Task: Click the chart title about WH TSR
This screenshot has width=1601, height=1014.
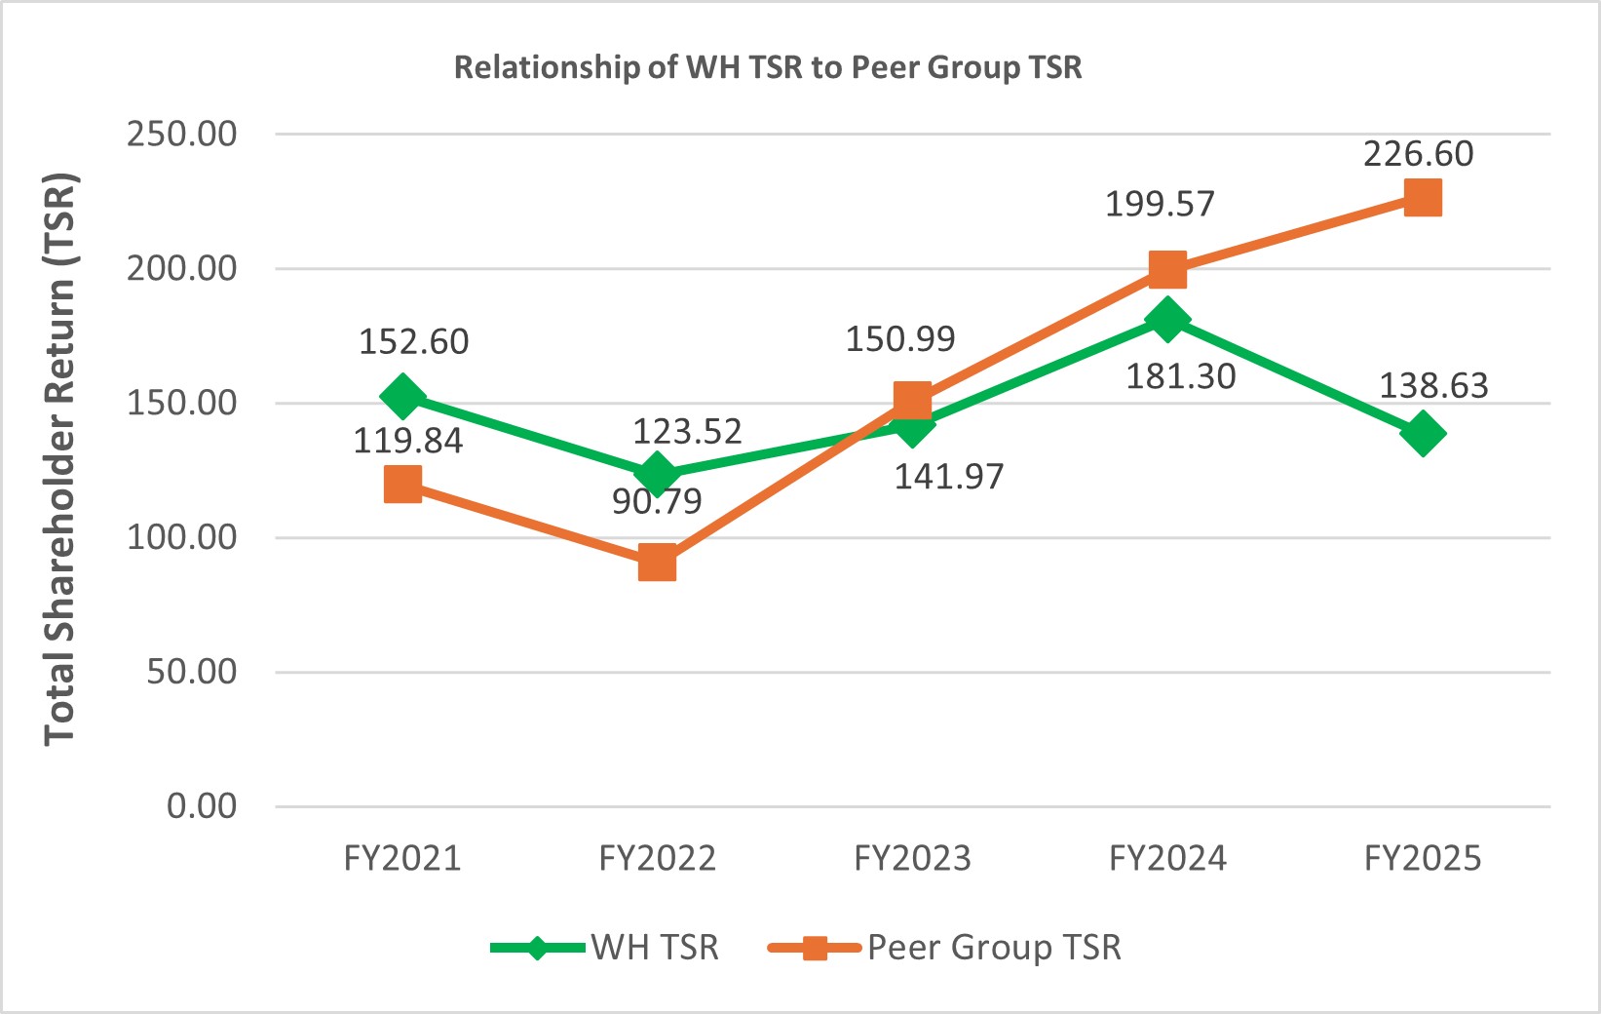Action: tap(768, 67)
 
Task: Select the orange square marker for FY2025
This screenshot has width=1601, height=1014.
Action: tap(1423, 199)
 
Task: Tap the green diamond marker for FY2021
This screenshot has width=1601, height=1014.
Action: tap(402, 396)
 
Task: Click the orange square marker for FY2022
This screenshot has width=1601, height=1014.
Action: tap(658, 564)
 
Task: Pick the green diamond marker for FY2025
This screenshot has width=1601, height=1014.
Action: tap(1423, 433)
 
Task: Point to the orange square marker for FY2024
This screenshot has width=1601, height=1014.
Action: tap(1167, 269)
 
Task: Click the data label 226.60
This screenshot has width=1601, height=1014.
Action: tap(1418, 154)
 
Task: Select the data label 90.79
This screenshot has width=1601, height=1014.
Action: tap(657, 501)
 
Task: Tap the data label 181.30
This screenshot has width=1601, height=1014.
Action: tap(1180, 376)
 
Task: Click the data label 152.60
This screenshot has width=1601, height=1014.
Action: tap(413, 341)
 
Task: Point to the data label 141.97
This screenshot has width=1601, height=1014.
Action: tap(948, 477)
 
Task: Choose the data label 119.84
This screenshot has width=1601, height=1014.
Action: tap(407, 441)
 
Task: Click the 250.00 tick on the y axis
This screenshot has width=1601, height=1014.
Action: tap(181, 134)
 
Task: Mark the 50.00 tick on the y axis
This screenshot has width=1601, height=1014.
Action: tap(192, 672)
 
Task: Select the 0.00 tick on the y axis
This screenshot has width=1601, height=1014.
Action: tap(202, 806)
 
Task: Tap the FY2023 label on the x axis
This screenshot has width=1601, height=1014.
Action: tap(912, 858)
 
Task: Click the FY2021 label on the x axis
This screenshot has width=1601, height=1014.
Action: tap(402, 858)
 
